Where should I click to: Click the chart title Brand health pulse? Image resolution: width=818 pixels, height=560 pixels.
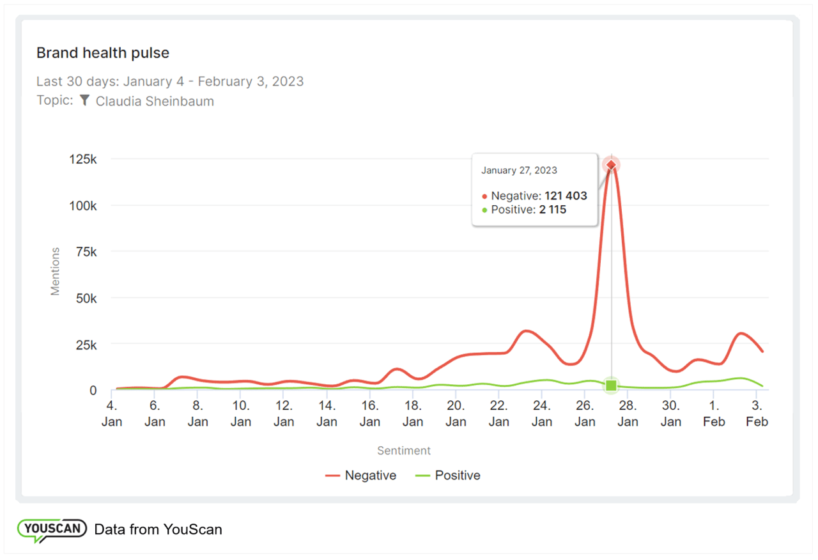[103, 53]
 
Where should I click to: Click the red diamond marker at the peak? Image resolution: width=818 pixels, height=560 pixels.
[612, 166]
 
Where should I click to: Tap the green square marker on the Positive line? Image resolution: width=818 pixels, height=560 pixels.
[612, 385]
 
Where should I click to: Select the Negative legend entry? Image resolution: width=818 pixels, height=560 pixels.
[361, 476]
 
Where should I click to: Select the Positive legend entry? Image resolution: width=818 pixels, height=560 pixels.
[448, 476]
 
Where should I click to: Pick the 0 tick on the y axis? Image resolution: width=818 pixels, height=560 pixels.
[93, 390]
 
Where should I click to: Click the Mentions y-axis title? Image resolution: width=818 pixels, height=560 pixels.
[56, 271]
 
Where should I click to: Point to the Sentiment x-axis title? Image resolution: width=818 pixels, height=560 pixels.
[404, 451]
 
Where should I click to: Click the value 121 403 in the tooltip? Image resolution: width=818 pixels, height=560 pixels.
[566, 196]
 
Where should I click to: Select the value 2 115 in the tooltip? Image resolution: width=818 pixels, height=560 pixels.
[553, 210]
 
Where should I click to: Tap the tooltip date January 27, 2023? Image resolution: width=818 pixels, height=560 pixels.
[519, 171]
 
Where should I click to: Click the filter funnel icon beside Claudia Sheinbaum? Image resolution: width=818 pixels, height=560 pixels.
[84, 100]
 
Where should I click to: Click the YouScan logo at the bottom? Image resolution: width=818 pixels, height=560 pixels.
[52, 529]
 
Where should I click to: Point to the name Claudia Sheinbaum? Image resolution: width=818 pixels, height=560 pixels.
[155, 101]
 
